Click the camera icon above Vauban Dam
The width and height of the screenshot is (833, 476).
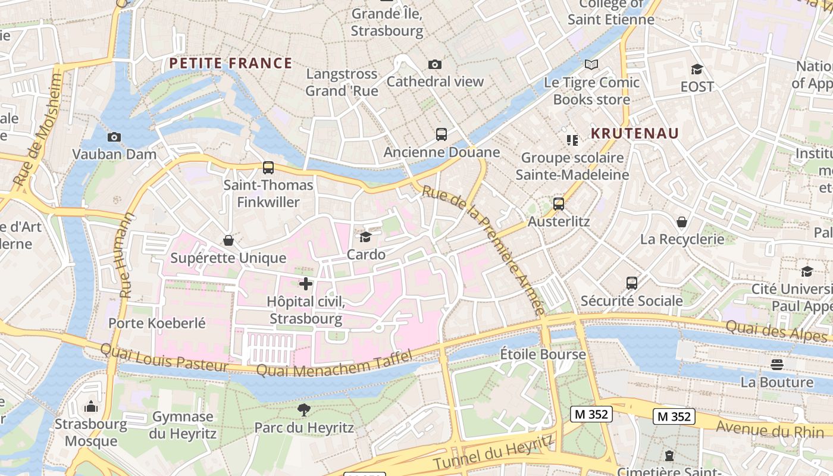(114, 137)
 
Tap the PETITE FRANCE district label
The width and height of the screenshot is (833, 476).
(230, 63)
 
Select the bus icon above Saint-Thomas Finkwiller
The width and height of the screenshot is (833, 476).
(268, 168)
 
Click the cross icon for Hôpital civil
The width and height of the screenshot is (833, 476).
(306, 284)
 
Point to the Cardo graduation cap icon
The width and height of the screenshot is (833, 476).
(365, 237)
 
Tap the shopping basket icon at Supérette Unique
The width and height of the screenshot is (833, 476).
(228, 240)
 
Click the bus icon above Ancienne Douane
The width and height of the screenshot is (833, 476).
(441, 134)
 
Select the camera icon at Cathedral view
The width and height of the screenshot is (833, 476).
(435, 64)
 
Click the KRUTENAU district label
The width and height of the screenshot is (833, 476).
(634, 133)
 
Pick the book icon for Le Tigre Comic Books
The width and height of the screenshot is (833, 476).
(591, 64)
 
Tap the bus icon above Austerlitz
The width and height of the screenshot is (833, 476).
(558, 204)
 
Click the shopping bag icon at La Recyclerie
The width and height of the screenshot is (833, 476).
(682, 222)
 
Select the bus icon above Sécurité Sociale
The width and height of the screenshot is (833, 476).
(631, 283)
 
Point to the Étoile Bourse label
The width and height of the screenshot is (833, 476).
(543, 355)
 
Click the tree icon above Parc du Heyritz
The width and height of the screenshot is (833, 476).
(303, 410)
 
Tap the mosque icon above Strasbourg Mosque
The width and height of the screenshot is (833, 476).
(91, 407)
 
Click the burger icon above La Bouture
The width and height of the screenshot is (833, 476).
(776, 365)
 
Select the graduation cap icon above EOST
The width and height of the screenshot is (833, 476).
(697, 69)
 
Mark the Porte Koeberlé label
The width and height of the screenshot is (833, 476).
(156, 324)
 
